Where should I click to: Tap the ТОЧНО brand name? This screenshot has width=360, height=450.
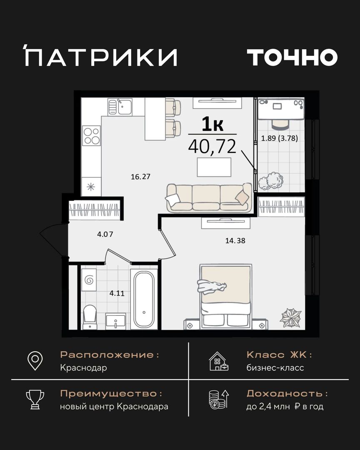click(292, 57)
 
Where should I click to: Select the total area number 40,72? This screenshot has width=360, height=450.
click(212, 146)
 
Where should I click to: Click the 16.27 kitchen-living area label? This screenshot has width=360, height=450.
click(141, 177)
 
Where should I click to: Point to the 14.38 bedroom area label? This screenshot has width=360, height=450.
click(235, 240)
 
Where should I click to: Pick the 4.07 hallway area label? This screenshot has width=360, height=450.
click(105, 234)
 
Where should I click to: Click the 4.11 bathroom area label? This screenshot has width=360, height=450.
click(117, 293)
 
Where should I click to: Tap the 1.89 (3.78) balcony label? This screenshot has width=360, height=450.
click(279, 138)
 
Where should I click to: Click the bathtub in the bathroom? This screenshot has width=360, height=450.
click(144, 299)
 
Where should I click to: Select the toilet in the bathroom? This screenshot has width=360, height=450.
click(90, 317)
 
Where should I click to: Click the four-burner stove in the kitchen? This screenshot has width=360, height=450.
click(91, 136)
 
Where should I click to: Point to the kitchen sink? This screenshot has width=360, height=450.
click(120, 107)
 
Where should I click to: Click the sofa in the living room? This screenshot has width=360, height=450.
click(209, 197)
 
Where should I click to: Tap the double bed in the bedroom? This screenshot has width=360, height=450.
click(226, 297)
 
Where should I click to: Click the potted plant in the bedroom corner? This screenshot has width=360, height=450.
click(290, 317)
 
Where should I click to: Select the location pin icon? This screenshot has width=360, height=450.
click(35, 361)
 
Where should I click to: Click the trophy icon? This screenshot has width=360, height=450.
click(35, 399)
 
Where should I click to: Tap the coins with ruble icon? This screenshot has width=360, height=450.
click(219, 399)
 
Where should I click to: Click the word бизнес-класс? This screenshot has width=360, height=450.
click(275, 368)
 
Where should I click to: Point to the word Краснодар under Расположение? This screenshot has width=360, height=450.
click(83, 368)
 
